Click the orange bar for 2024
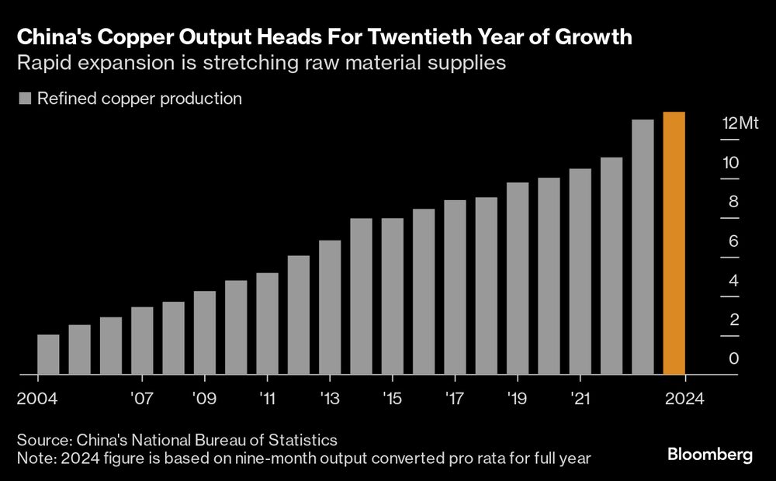click(674, 244)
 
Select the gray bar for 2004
click(48, 355)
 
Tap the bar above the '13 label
click(330, 308)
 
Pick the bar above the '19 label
click(518, 279)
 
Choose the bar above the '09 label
click(205, 333)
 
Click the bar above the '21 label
click(580, 272)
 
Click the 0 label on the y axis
click(734, 359)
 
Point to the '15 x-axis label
click(392, 399)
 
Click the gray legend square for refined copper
click(25, 99)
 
